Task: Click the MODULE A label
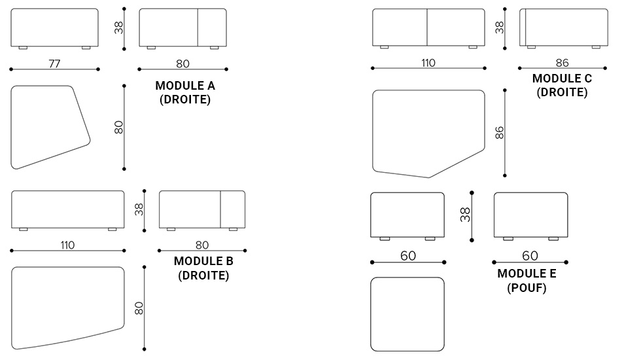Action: (185, 86)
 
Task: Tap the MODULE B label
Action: (203, 261)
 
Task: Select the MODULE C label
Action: (562, 79)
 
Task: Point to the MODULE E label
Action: (527, 274)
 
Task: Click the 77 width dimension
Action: (54, 63)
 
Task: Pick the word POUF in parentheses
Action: (527, 288)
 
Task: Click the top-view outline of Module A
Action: (49, 126)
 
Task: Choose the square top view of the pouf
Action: (407, 314)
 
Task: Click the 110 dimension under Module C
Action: (428, 63)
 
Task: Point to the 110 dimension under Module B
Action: (67, 245)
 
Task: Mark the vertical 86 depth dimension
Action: (500, 133)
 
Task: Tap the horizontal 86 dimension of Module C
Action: (562, 63)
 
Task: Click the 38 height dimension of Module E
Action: (465, 215)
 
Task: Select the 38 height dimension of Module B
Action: (139, 209)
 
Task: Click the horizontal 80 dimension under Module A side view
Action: (182, 63)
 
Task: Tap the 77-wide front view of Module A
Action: (54, 27)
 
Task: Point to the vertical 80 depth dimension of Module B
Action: (139, 308)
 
